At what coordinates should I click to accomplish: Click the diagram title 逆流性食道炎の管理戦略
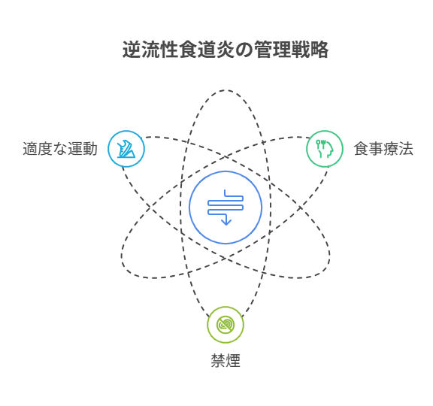(226, 50)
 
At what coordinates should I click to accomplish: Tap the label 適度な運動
(60, 149)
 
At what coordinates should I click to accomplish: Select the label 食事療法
(383, 149)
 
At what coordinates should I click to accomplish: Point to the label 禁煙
(226, 360)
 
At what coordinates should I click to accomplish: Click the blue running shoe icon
(126, 149)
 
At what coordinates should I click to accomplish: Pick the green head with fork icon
(325, 149)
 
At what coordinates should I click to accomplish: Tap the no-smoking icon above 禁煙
(226, 325)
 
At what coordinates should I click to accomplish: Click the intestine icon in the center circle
(226, 208)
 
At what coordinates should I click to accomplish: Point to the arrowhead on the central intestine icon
(226, 222)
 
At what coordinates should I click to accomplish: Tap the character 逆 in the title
(132, 50)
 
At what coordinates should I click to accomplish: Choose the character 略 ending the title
(319, 50)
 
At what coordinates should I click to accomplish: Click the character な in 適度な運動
(60, 149)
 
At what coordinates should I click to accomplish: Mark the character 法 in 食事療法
(406, 149)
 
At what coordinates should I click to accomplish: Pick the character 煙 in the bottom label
(233, 360)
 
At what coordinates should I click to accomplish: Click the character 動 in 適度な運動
(90, 149)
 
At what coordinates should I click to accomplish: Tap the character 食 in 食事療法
(361, 149)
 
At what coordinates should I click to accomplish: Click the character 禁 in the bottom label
(218, 360)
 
